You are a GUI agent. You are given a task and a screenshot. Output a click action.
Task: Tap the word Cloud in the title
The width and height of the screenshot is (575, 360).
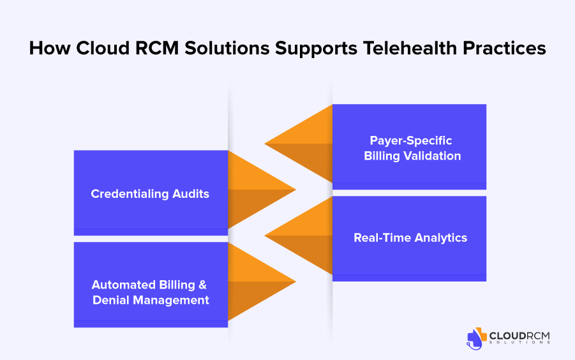click(103, 48)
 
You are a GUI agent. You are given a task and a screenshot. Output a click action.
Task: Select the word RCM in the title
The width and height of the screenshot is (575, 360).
click(157, 48)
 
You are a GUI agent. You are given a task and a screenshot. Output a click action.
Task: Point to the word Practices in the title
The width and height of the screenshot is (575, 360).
click(504, 48)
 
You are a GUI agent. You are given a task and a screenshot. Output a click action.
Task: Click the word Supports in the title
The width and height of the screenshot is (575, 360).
click(316, 49)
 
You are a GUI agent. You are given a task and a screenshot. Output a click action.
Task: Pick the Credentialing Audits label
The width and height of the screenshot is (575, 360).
click(150, 193)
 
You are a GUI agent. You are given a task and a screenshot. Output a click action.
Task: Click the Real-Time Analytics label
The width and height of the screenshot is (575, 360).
click(410, 237)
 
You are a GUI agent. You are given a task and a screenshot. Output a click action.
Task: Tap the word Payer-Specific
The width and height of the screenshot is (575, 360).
click(411, 140)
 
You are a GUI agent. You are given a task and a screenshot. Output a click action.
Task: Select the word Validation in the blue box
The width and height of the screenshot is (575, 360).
click(432, 156)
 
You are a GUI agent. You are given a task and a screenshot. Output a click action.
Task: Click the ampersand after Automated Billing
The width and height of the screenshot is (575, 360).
click(203, 285)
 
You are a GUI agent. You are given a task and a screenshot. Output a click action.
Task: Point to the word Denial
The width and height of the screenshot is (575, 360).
click(111, 300)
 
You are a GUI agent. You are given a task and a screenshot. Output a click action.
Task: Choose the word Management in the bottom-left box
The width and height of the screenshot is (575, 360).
click(171, 301)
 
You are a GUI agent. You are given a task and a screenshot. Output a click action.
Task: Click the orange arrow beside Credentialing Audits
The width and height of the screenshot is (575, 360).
click(262, 190)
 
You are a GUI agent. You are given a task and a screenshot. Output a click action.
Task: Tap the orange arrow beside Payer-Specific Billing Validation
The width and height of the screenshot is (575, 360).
click(299, 144)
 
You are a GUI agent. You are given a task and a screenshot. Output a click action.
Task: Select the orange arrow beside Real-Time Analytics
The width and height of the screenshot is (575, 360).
click(299, 236)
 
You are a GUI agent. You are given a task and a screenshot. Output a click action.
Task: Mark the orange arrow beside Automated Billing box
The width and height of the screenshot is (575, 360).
click(262, 281)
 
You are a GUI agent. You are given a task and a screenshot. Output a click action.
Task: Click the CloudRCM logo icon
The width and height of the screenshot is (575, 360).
click(476, 338)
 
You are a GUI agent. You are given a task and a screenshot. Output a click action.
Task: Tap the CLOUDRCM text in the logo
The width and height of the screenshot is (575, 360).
click(519, 336)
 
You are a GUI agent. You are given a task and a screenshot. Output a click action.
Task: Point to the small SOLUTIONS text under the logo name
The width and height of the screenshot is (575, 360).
click(519, 342)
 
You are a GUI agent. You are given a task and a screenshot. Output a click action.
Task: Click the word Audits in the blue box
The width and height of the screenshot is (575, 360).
click(191, 193)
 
